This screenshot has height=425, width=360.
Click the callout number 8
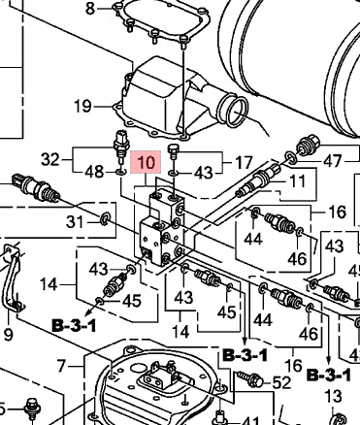click(x=90, y=9)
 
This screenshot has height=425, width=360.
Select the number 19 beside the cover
click(x=82, y=106)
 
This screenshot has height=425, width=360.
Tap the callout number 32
click(x=50, y=159)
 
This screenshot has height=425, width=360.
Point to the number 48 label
click(x=94, y=172)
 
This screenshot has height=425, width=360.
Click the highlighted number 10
click(x=146, y=162)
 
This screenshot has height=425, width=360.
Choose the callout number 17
click(x=244, y=162)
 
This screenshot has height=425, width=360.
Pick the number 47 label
click(x=332, y=161)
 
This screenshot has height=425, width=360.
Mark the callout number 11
click(x=298, y=180)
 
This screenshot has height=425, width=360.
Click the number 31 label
click(x=75, y=222)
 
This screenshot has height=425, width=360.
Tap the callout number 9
click(x=8, y=334)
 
